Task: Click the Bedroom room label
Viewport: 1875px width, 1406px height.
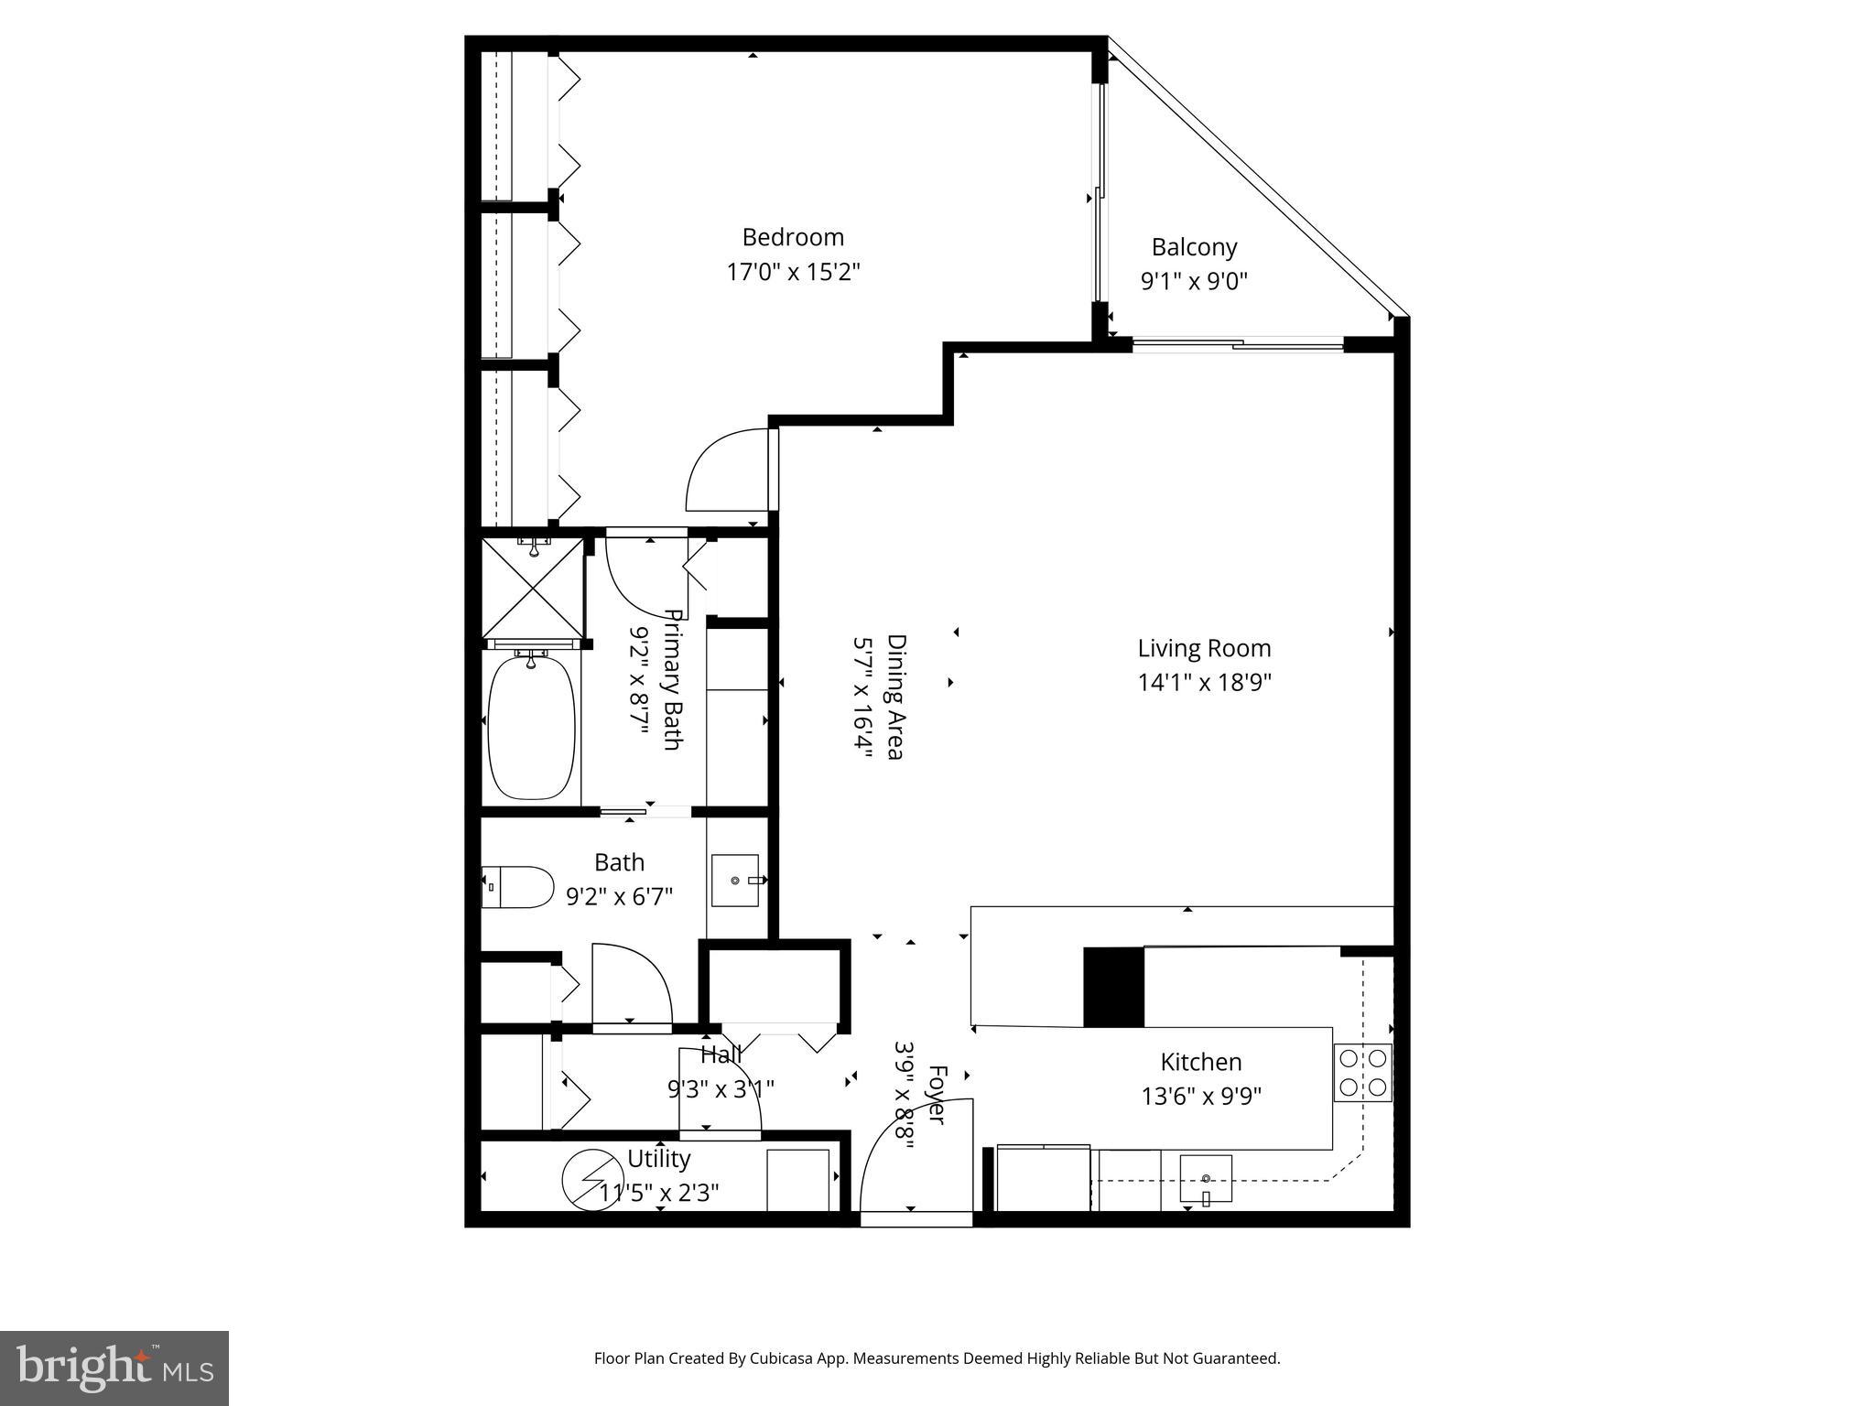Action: point(792,238)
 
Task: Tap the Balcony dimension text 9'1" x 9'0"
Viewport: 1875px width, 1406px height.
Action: point(1194,281)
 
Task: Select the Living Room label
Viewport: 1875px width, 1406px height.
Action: point(1204,649)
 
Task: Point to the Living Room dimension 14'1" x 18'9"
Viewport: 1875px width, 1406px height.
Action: point(1204,683)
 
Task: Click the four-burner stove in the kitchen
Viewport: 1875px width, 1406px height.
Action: point(1362,1073)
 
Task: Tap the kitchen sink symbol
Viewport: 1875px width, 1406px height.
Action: point(1206,1179)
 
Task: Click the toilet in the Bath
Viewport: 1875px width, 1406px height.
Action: point(517,887)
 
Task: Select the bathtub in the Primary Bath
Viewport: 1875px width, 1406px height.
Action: point(531,724)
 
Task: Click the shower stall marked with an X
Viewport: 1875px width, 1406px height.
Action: point(532,587)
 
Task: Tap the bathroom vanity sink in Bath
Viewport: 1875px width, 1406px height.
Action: point(736,881)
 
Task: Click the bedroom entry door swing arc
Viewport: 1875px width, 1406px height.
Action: point(726,470)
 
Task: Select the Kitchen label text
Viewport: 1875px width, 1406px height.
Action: point(1201,1063)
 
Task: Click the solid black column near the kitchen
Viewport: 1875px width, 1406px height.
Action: point(1113,988)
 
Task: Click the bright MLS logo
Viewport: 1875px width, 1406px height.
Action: point(114,1368)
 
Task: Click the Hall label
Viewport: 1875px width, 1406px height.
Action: point(721,1055)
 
